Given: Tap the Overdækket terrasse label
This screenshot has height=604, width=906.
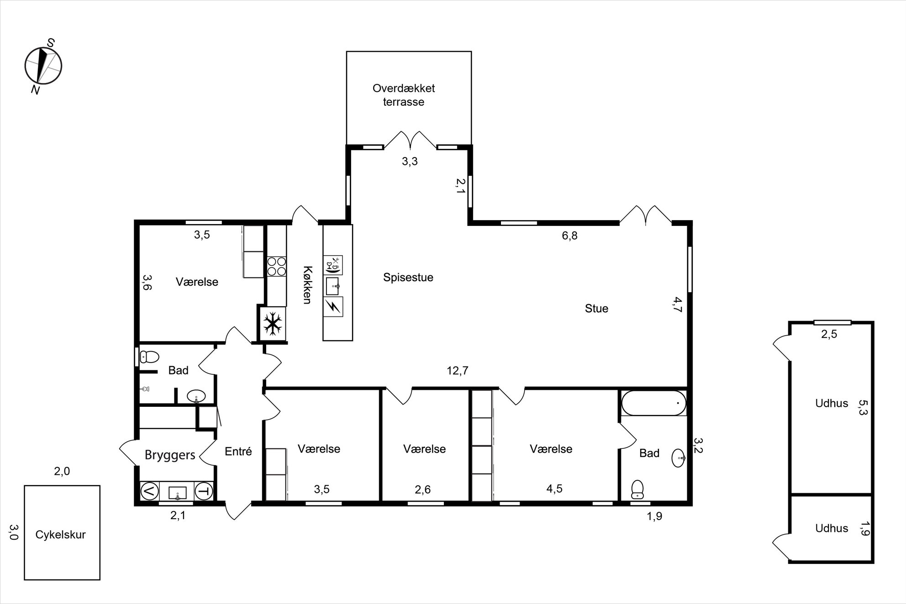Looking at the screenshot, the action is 404,95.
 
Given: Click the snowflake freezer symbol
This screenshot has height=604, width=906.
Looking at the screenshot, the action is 273,324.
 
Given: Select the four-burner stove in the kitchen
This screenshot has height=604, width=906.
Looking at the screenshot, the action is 276,267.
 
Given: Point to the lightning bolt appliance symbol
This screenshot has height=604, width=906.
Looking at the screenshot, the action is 333,307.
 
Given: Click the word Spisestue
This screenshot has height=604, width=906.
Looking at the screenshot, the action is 408,278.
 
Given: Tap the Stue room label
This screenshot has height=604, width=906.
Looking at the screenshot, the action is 596,309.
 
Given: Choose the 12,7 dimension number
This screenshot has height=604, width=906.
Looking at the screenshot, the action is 458,371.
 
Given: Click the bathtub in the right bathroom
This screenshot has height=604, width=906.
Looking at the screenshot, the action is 653,403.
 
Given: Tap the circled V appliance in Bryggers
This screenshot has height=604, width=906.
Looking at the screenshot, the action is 150,492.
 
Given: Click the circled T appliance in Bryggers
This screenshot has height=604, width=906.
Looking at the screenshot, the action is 204,492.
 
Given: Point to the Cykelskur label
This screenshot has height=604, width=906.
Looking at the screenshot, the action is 61,535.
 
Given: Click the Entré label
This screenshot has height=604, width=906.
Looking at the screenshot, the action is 238,452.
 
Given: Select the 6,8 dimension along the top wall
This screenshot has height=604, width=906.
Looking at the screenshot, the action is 569,236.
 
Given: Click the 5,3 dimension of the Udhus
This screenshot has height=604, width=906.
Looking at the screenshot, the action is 863,407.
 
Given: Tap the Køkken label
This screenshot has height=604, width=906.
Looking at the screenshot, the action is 307,285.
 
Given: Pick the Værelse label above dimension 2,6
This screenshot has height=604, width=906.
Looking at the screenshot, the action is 424,449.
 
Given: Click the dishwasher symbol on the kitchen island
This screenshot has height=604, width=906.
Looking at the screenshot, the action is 333,265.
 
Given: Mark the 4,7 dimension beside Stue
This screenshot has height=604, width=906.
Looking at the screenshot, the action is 677,305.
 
